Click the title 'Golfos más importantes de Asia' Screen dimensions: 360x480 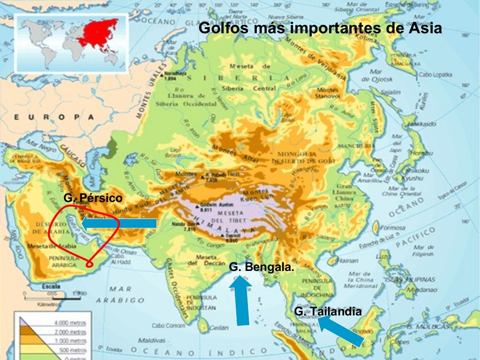coord(320,28)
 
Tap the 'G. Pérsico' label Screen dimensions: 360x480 coord(93,198)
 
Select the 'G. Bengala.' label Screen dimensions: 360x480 coord(262,267)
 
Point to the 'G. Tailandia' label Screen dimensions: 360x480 coord(328,311)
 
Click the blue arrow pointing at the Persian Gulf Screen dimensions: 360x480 coord(119,223)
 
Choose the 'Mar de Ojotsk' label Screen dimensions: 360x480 coord(375,75)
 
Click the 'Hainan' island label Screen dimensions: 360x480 coord(347,260)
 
